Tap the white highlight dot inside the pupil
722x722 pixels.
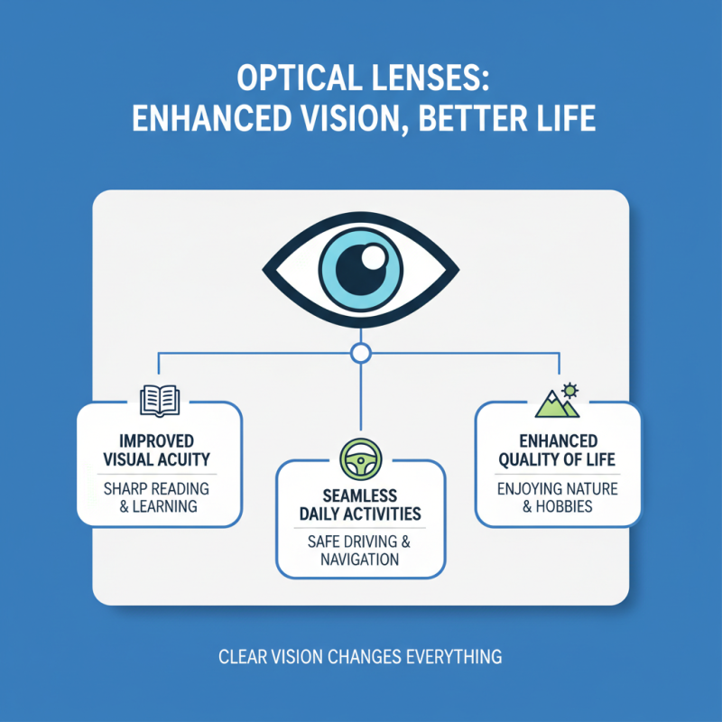click(373, 258)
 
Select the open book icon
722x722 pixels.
click(159, 401)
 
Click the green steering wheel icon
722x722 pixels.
click(360, 458)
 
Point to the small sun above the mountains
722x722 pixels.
click(569, 390)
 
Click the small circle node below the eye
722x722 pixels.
click(360, 352)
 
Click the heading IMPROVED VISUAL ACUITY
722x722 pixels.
click(159, 450)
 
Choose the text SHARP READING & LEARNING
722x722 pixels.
click(159, 497)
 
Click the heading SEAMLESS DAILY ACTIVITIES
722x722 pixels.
click(360, 504)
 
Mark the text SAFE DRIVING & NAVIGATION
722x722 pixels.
click(360, 551)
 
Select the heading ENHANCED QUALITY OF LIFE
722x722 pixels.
click(558, 450)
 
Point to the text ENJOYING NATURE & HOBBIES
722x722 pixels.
click(558, 497)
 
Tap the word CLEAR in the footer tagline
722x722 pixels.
click(243, 657)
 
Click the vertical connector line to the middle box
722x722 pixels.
click(360, 397)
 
